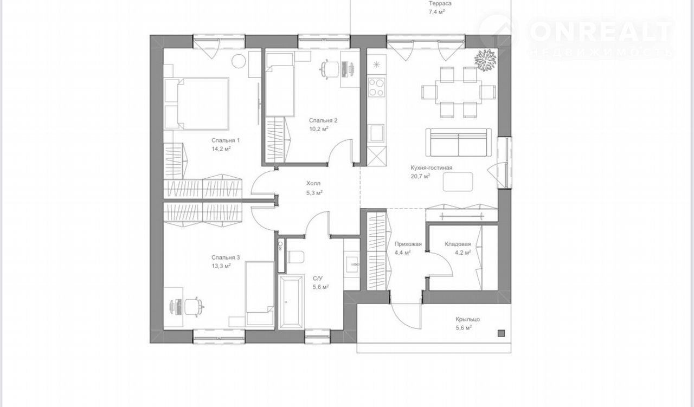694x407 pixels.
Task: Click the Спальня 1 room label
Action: coord(226,140)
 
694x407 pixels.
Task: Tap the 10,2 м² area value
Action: coord(319,129)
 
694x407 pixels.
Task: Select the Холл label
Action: coord(313,183)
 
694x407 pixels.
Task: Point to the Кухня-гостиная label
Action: coord(431,167)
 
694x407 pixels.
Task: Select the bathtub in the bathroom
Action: coord(291,302)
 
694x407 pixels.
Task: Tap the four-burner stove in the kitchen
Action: coord(376,87)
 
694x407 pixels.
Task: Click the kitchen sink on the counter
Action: coord(376,133)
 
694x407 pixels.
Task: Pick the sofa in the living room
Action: coord(459,143)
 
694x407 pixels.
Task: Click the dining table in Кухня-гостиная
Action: coord(459,92)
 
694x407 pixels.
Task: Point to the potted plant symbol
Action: coord(485,59)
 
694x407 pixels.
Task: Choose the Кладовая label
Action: coord(458,244)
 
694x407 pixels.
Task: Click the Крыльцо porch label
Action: coord(467,319)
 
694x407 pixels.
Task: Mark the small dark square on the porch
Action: coord(501,333)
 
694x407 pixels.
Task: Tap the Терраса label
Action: coord(440,3)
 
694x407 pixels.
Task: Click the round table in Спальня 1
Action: coord(239,61)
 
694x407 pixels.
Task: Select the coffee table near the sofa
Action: coord(458,182)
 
